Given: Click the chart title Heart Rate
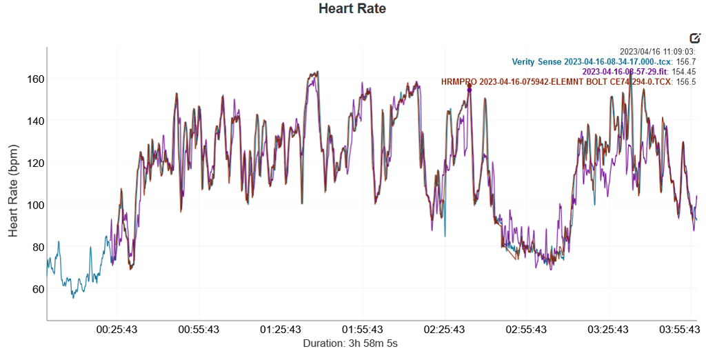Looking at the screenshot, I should (x=352, y=9).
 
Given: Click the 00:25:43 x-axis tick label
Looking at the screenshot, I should (x=117, y=330).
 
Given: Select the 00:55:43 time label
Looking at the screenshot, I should (x=199, y=330).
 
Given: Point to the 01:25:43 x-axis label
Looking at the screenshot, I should (x=281, y=330).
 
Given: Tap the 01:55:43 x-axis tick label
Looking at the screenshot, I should (x=363, y=330).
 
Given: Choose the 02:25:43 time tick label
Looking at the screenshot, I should (x=445, y=330).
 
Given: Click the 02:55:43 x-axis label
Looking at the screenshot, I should (x=527, y=330).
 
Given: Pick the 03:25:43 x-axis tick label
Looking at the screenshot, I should (x=609, y=330).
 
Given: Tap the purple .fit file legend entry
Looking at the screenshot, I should (x=625, y=72).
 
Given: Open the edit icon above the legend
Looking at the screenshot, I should (x=695, y=38).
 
